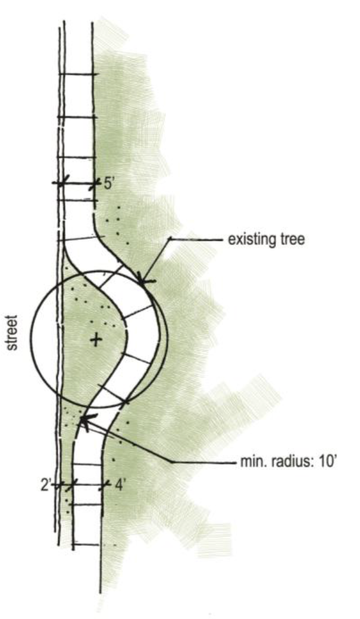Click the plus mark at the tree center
coord(95,340)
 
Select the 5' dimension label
coord(109,184)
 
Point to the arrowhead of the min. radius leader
coord(83,421)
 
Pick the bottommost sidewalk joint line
coord(89,545)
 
